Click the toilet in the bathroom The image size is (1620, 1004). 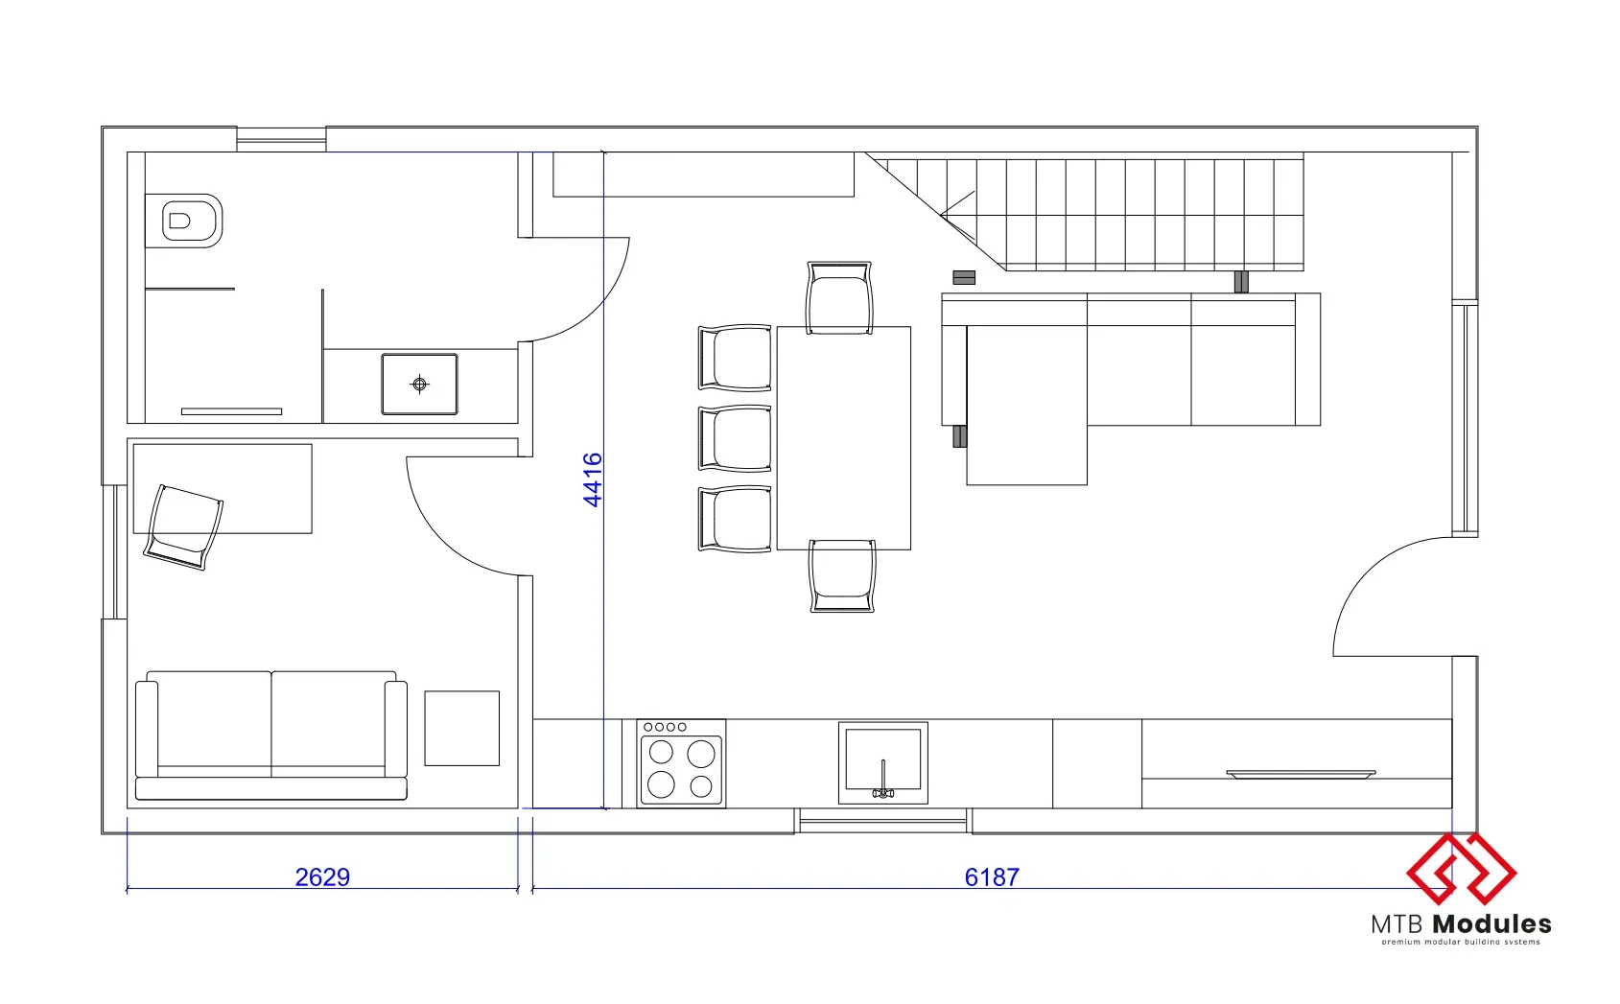pyautogui.click(x=184, y=221)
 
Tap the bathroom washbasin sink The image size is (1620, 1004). pyautogui.click(x=419, y=384)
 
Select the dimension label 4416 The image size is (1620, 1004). pyautogui.click(x=593, y=479)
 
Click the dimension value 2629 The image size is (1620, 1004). pyautogui.click(x=322, y=876)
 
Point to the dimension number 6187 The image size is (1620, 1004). pyautogui.click(x=992, y=876)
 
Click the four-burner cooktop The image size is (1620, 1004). pyautogui.click(x=681, y=762)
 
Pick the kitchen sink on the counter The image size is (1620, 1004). pyautogui.click(x=883, y=762)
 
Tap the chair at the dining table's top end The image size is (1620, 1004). pyautogui.click(x=839, y=297)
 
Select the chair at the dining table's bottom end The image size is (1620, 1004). pyautogui.click(x=842, y=576)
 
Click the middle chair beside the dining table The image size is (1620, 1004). pyautogui.click(x=735, y=438)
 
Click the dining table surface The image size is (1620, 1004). pyautogui.click(x=843, y=438)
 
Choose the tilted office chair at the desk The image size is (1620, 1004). pyautogui.click(x=184, y=527)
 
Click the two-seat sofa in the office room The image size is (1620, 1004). pyautogui.click(x=271, y=735)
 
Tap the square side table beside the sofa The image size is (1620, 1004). pyautogui.click(x=462, y=728)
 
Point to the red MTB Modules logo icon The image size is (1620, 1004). pyautogui.click(x=1461, y=868)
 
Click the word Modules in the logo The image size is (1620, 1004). pyautogui.click(x=1492, y=923)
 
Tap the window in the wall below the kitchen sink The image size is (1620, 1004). pyautogui.click(x=883, y=821)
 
